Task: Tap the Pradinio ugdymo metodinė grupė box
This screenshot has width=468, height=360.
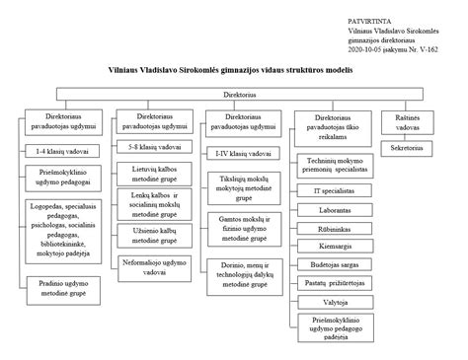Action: [x=59, y=288]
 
